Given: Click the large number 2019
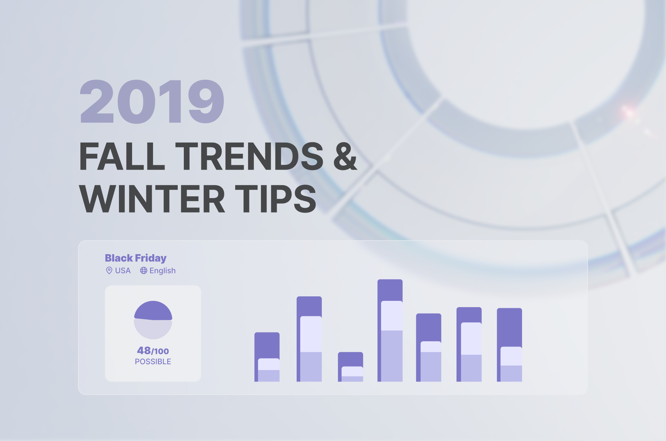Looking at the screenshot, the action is click(152, 101).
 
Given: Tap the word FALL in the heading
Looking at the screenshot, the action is click(122, 156).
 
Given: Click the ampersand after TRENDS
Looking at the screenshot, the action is click(345, 156).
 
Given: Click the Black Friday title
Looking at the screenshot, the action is click(136, 258).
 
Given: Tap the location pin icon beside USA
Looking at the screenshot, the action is click(109, 270).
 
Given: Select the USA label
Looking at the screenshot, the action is click(123, 271).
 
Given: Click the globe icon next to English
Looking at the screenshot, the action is click(144, 271).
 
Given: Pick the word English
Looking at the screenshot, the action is click(163, 271).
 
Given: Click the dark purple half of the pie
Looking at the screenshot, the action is click(153, 310).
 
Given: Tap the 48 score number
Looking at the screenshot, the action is click(144, 350).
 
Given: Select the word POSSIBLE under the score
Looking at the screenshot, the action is click(153, 362).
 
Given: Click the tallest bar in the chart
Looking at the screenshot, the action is click(390, 330).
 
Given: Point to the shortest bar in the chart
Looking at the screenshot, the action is click(350, 367).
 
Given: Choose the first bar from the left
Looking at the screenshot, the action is click(267, 357).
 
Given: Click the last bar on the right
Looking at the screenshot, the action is click(510, 345).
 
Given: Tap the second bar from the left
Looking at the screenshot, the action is click(309, 339).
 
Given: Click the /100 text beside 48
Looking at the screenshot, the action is click(160, 351).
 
